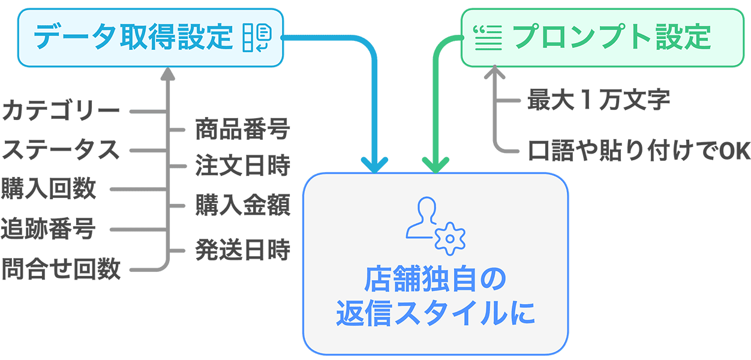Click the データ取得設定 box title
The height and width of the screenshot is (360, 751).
tap(133, 37)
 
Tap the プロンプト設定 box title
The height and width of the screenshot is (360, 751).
tap(612, 37)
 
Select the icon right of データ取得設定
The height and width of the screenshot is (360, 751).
tap(257, 38)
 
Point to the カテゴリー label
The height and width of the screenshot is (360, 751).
tap(61, 112)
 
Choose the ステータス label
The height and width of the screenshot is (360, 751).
tap(61, 150)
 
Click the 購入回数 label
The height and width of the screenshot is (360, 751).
tap(49, 189)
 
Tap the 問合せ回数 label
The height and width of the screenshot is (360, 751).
tap(61, 269)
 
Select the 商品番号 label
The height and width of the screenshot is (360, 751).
tap(242, 130)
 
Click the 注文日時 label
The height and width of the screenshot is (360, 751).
tap(242, 166)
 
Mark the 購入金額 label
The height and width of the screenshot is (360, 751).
tap(242, 205)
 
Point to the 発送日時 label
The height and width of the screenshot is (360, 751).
tap(242, 250)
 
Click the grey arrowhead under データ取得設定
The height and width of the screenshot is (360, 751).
tap(167, 73)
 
